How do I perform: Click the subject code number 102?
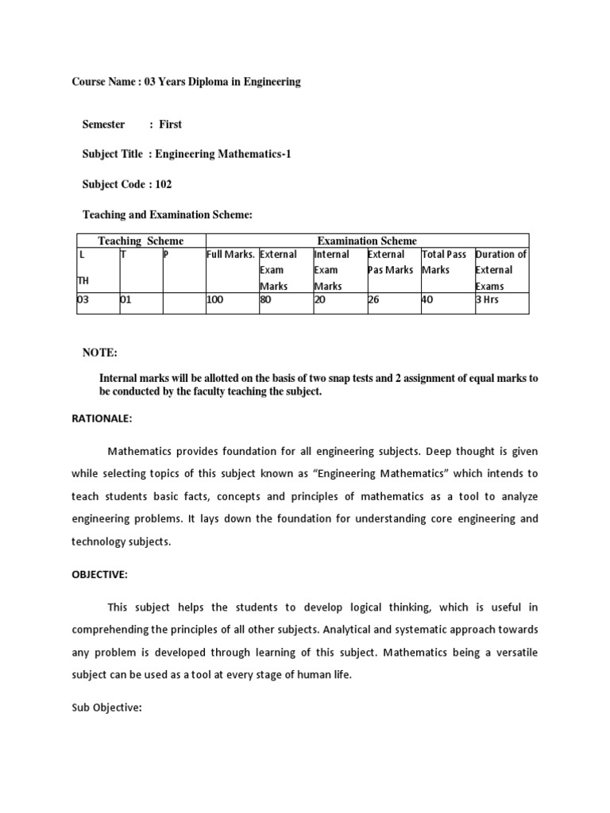(x=164, y=184)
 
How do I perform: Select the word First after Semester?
(x=171, y=124)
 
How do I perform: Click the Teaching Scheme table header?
(x=141, y=241)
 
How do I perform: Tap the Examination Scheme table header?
(x=367, y=241)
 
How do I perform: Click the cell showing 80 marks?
(x=266, y=301)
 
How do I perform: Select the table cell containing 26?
(x=374, y=301)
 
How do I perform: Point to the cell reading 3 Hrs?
(x=487, y=301)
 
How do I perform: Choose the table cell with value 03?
(x=83, y=301)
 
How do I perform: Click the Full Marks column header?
(x=231, y=255)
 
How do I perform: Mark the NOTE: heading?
(x=100, y=352)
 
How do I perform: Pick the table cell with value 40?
(x=427, y=301)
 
